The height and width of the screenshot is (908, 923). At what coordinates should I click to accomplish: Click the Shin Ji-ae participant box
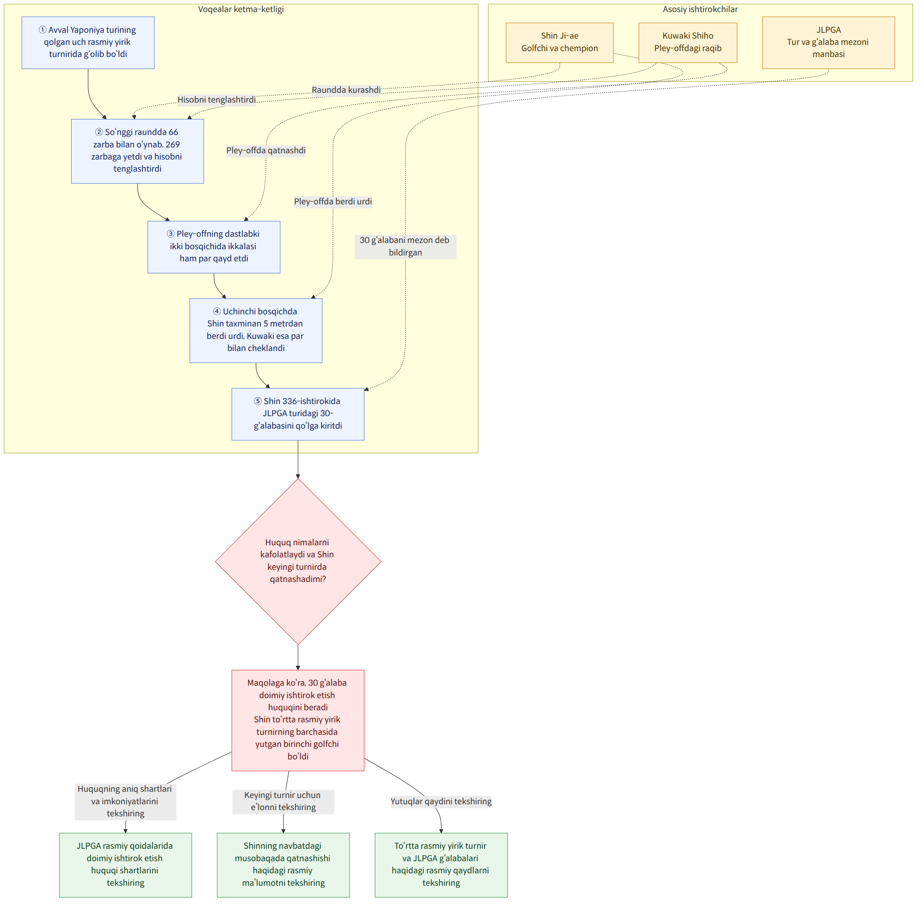pyautogui.click(x=559, y=43)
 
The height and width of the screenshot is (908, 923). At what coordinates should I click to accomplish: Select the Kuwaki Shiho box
pyautogui.click(x=688, y=43)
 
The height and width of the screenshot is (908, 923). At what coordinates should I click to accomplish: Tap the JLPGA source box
pyautogui.click(x=828, y=43)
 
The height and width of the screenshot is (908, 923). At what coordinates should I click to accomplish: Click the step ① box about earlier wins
pyautogui.click(x=88, y=43)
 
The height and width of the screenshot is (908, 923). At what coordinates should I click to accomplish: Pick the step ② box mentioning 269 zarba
pyautogui.click(x=137, y=151)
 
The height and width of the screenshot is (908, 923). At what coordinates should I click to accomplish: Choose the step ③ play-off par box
pyautogui.click(x=214, y=247)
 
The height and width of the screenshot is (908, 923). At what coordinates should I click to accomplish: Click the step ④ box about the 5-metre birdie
pyautogui.click(x=256, y=330)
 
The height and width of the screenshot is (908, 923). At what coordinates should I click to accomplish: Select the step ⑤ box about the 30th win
pyautogui.click(x=298, y=413)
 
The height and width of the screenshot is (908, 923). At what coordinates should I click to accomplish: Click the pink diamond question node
pyautogui.click(x=298, y=561)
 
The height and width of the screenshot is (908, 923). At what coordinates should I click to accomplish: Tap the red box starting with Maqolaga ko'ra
pyautogui.click(x=298, y=720)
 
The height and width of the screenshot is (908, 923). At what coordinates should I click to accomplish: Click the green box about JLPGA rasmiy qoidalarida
pyautogui.click(x=126, y=865)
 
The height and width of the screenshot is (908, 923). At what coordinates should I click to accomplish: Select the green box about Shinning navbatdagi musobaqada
pyautogui.click(x=283, y=865)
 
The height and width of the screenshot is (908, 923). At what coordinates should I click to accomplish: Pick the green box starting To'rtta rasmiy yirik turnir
pyautogui.click(x=441, y=865)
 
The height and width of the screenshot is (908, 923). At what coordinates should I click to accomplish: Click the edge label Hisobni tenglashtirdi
pyautogui.click(x=217, y=100)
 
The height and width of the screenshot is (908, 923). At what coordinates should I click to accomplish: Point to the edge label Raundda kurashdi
pyautogui.click(x=346, y=90)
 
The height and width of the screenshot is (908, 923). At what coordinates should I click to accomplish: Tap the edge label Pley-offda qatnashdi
pyautogui.click(x=266, y=151)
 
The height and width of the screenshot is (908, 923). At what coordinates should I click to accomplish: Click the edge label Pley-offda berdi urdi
pyautogui.click(x=332, y=202)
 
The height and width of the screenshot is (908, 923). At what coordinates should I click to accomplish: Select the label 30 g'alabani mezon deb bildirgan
pyautogui.click(x=405, y=247)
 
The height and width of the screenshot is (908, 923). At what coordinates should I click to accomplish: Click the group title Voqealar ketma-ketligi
pyautogui.click(x=240, y=9)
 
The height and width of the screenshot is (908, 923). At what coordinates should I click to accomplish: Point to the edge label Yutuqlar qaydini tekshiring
pyautogui.click(x=441, y=801)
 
